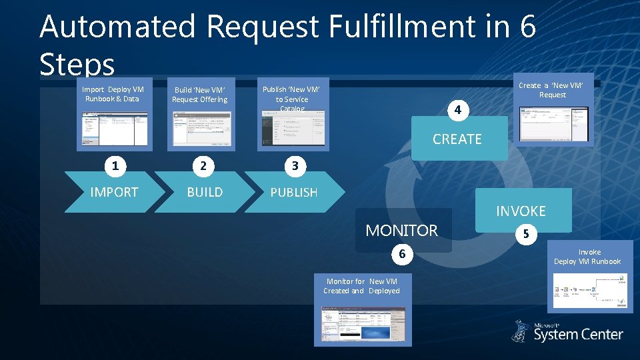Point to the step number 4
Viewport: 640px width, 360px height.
tap(457, 109)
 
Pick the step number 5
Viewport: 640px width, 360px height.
tap(526, 235)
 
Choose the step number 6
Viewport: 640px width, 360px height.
tap(402, 254)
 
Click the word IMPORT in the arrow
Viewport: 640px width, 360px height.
tap(114, 192)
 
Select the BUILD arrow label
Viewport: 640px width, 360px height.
tap(205, 192)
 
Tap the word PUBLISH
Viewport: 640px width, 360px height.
tap(294, 192)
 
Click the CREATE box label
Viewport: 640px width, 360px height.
tap(457, 139)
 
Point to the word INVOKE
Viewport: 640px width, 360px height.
tap(521, 211)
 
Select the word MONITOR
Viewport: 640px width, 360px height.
tap(402, 231)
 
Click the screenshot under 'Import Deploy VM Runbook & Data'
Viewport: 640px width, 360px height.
tap(115, 128)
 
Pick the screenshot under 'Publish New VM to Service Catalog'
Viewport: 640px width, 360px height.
tap(293, 129)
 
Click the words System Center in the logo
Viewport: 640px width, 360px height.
tap(578, 335)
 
